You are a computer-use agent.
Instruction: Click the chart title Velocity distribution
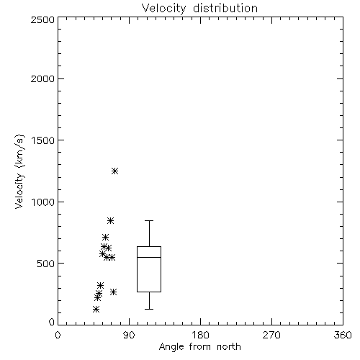[199, 9]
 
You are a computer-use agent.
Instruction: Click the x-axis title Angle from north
[199, 346]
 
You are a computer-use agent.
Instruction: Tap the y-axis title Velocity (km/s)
[19, 171]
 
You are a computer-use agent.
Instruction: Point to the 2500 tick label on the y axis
[42, 19]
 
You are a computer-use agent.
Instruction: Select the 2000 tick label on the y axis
[42, 78]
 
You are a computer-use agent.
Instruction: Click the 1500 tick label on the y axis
[43, 140]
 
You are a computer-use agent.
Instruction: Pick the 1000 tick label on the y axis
[43, 202]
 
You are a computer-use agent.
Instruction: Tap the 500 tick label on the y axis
[46, 264]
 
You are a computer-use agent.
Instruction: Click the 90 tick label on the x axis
[129, 335]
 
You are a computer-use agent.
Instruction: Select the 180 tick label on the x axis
[200, 335]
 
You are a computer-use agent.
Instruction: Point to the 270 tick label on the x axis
[271, 335]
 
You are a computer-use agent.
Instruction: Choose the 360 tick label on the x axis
[343, 335]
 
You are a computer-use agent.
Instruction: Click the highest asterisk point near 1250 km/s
[114, 171]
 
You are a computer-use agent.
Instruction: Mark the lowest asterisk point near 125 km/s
[96, 309]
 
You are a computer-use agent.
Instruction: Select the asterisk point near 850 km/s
[110, 220]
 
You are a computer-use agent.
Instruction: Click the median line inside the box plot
[149, 257]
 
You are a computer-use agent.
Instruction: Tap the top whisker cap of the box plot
[149, 220]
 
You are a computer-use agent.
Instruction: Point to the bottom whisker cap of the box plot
[149, 309]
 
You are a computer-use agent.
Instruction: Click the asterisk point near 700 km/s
[105, 238]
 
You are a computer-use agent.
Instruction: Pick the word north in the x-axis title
[229, 346]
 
